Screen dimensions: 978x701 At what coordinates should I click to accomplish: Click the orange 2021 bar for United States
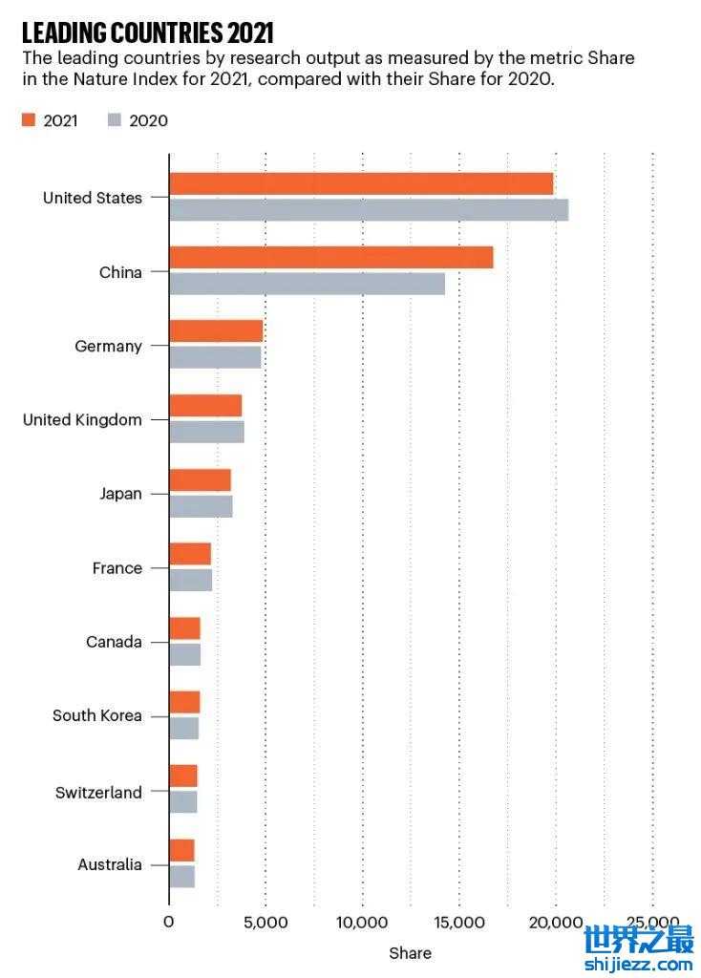361,184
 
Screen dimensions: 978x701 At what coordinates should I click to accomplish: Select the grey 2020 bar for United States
369,210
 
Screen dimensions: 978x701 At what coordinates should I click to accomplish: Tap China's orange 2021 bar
331,258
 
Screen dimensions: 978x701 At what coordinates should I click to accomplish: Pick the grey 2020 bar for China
307,284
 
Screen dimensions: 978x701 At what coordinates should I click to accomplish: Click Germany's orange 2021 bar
216,331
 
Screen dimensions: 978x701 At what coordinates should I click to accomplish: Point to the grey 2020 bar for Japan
201,506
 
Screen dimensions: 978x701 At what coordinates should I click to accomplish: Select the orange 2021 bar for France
190,554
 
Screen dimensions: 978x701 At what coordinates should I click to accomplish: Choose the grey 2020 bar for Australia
181,877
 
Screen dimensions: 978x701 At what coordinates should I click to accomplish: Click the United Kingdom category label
82,420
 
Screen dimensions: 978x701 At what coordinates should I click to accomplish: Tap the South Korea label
96,715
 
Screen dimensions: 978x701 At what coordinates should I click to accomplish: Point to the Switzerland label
98,792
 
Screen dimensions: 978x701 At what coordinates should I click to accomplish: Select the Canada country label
114,642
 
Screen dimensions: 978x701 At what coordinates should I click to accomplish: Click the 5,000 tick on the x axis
266,922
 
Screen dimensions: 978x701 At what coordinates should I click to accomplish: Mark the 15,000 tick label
459,922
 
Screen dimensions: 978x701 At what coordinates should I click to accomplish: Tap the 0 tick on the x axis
169,922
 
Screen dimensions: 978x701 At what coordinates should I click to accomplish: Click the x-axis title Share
410,953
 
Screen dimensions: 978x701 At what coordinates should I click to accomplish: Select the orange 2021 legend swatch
28,120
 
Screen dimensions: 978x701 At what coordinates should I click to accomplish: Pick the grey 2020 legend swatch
114,120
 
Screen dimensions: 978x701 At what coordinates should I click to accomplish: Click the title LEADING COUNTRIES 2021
147,33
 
